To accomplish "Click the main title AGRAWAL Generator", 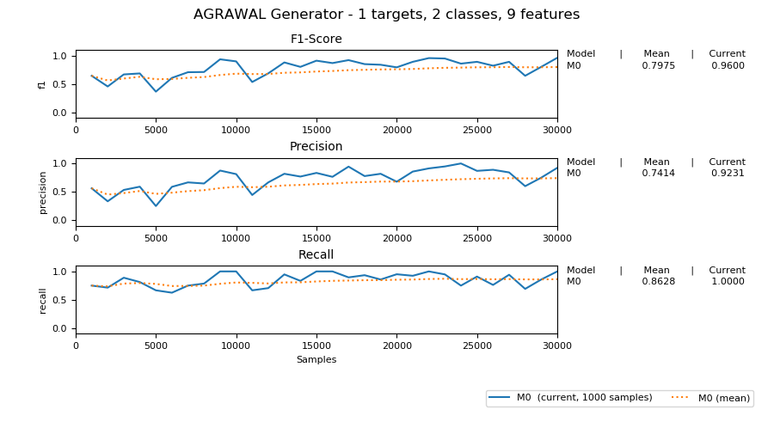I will pyautogui.click(x=386, y=15).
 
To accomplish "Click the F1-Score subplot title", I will pyautogui.click(x=316, y=40).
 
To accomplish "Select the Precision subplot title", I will pyautogui.click(x=316, y=147).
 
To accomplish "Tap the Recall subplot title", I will pyautogui.click(x=316, y=255).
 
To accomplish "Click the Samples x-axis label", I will pyautogui.click(x=316, y=360).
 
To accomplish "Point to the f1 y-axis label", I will pyautogui.click(x=42, y=84).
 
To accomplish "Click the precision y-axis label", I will pyautogui.click(x=42, y=193).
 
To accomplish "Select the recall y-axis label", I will pyautogui.click(x=42, y=300).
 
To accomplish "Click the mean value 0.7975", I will pyautogui.click(x=658, y=66).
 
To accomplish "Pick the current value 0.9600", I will pyautogui.click(x=728, y=66).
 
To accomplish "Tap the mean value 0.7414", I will pyautogui.click(x=658, y=174).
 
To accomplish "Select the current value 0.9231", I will pyautogui.click(x=728, y=174).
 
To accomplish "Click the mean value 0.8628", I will pyautogui.click(x=658, y=282).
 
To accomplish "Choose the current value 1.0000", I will pyautogui.click(x=728, y=282).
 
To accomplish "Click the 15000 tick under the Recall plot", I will pyautogui.click(x=316, y=346).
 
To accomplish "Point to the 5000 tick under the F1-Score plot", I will pyautogui.click(x=156, y=131).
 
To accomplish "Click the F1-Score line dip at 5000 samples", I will pyautogui.click(x=156, y=91).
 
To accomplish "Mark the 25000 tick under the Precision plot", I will pyautogui.click(x=477, y=238).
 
